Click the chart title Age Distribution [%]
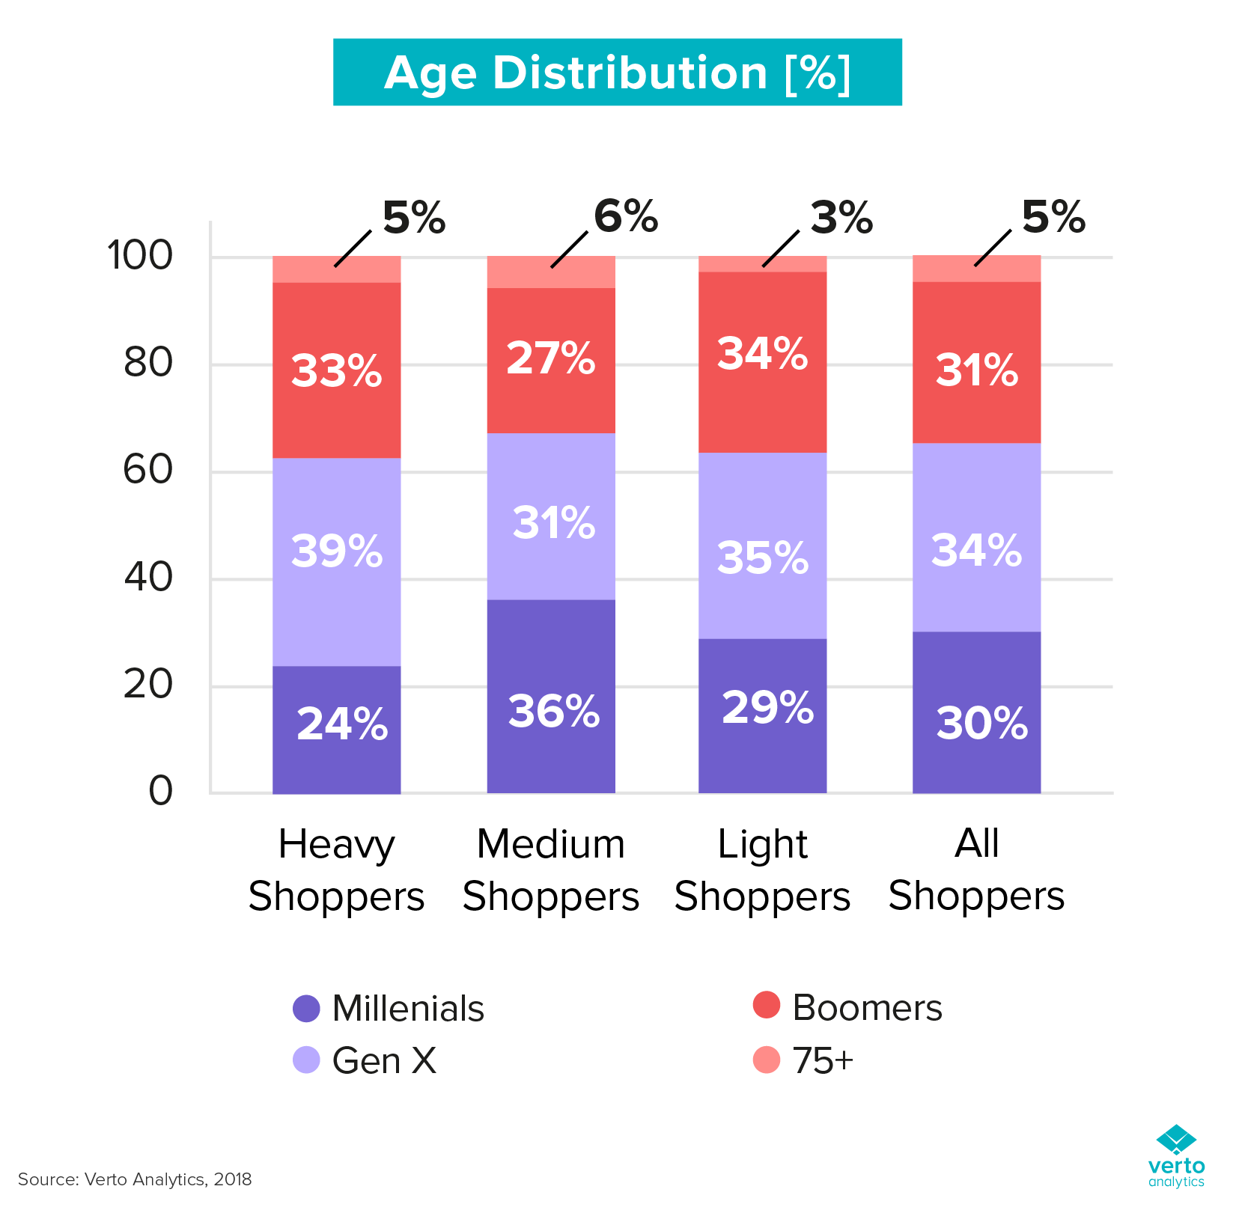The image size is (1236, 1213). [x=617, y=73]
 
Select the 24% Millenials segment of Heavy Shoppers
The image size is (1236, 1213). [x=336, y=730]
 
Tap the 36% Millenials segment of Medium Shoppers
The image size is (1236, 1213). [x=551, y=696]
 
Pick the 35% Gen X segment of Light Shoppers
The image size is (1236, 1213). [x=762, y=546]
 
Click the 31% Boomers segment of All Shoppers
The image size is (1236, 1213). [x=976, y=363]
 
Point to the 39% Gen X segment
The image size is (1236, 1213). [x=336, y=561]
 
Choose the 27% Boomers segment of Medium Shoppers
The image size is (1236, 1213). [x=551, y=361]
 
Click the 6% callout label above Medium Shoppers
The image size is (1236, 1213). [x=625, y=217]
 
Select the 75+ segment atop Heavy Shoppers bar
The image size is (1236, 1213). [x=336, y=269]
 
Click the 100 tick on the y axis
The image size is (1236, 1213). [x=140, y=256]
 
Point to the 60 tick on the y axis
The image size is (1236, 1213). [x=147, y=471]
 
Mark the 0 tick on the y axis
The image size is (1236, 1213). [x=160, y=792]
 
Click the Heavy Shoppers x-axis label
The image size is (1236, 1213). [x=336, y=870]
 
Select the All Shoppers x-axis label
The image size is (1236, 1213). [x=976, y=870]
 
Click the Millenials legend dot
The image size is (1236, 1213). [x=306, y=1009]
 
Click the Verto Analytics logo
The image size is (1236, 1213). [x=1176, y=1155]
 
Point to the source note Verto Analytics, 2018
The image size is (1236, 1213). [x=135, y=1179]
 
